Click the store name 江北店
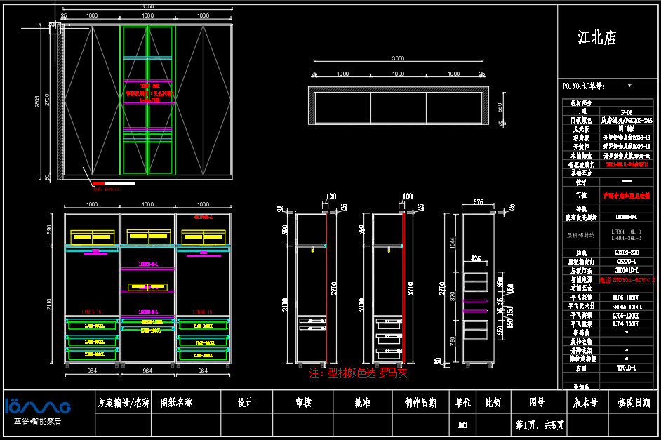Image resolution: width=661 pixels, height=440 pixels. tap(596, 38)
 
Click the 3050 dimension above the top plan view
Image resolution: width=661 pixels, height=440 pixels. tap(397, 58)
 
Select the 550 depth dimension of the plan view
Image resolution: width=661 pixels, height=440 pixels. tap(500, 107)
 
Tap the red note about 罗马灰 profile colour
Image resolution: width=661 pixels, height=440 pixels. tap(358, 373)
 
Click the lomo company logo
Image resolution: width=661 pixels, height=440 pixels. tap(38, 406)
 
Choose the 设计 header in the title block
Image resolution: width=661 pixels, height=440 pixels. tap(245, 403)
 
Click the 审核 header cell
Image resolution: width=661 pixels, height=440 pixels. tap(303, 403)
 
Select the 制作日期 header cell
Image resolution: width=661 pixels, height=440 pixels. tap(421, 403)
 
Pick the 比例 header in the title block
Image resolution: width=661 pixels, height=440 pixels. tap(493, 403)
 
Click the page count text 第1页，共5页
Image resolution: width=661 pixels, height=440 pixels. tap(539, 425)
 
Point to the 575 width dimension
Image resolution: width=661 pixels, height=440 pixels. tap(478, 201)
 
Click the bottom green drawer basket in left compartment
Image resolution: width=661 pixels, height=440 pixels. tap(91, 354)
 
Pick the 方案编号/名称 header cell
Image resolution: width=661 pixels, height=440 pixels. tap(123, 403)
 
